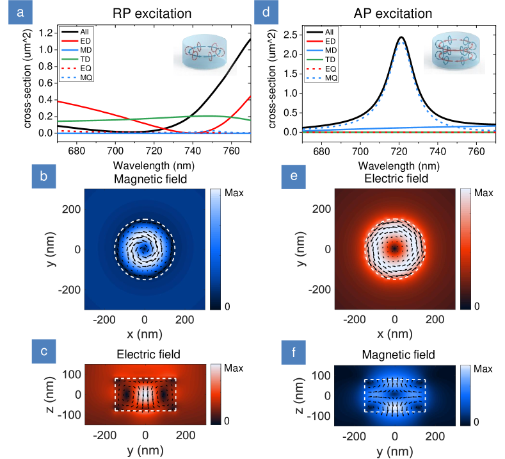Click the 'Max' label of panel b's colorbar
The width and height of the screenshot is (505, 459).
236,192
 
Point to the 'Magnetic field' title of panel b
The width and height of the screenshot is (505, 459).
144,179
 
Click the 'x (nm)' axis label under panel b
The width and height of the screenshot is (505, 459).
145,335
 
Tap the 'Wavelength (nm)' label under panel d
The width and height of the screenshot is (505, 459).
395,165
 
